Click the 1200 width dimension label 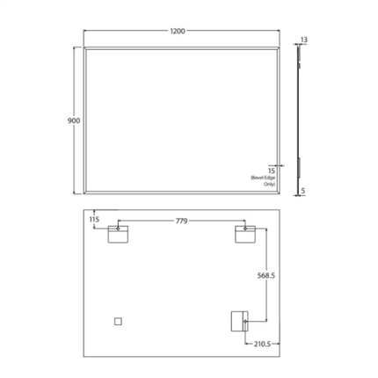click(x=178, y=32)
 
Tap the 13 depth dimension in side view click(x=303, y=40)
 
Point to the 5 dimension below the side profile click(x=302, y=190)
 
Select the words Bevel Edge click(x=264, y=178)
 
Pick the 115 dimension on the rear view click(x=96, y=220)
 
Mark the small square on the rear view click(x=118, y=321)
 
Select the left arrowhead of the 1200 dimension click(x=85, y=33)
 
